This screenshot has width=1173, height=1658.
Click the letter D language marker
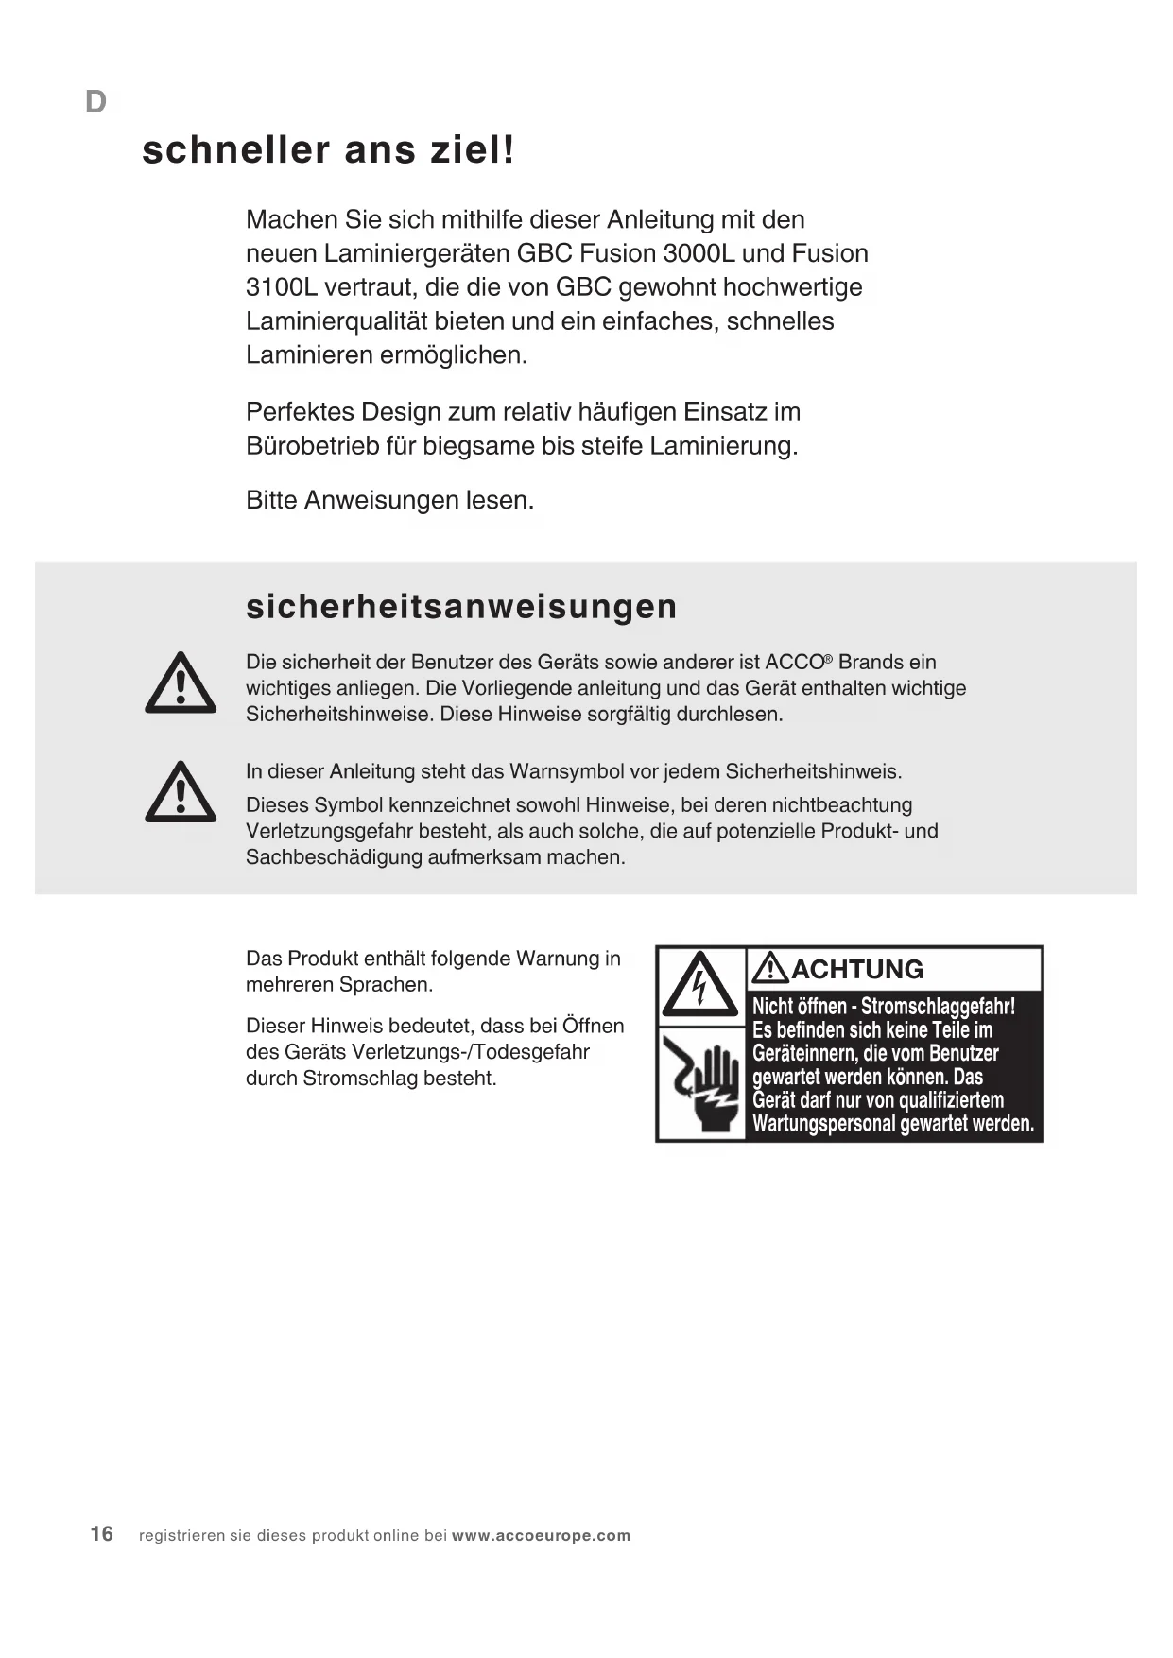[x=95, y=102]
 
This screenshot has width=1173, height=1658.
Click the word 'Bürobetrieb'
[x=313, y=446]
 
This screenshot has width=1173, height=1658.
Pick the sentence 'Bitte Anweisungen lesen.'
[x=389, y=500]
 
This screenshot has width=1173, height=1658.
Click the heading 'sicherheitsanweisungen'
[x=461, y=607]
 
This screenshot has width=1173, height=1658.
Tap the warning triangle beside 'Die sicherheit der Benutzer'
[x=181, y=683]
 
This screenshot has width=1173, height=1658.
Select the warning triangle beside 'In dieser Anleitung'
[x=181, y=792]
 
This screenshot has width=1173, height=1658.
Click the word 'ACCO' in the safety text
[x=795, y=663]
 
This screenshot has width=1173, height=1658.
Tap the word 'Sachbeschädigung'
[x=334, y=858]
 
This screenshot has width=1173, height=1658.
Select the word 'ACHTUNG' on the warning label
[x=856, y=969]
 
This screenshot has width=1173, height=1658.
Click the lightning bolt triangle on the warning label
[x=699, y=985]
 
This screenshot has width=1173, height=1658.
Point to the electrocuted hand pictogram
[x=701, y=1085]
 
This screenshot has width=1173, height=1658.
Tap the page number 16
[x=102, y=1534]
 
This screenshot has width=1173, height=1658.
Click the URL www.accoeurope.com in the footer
[x=541, y=1536]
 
